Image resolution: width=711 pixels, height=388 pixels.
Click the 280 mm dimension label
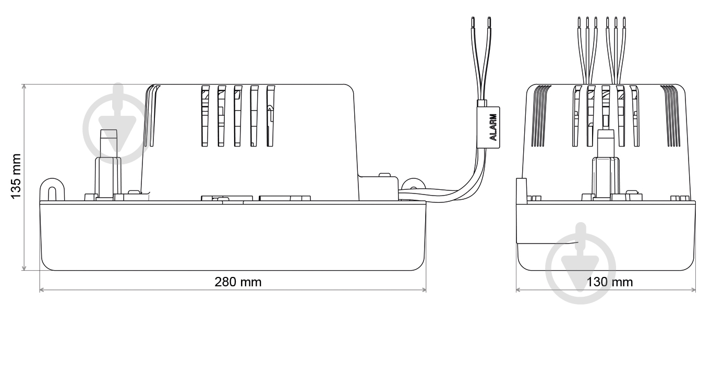238,282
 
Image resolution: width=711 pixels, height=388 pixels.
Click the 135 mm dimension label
16,176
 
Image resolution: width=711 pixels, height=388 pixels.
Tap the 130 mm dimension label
609,282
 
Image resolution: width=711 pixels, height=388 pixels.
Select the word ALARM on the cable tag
493,127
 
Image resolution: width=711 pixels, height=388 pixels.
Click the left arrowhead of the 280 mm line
42,289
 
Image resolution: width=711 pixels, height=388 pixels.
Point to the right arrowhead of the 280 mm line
424,289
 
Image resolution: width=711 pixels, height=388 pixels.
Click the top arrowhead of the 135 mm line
24,87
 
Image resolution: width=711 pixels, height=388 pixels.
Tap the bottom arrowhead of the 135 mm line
24,268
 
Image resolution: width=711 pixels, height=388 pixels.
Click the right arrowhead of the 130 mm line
693,289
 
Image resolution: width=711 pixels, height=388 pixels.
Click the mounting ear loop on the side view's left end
52,189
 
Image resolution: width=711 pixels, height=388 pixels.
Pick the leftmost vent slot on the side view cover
205,116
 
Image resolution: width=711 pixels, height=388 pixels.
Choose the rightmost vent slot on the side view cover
270,116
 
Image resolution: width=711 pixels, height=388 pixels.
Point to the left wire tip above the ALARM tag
473,22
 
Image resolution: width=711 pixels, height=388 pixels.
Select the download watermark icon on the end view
581,263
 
